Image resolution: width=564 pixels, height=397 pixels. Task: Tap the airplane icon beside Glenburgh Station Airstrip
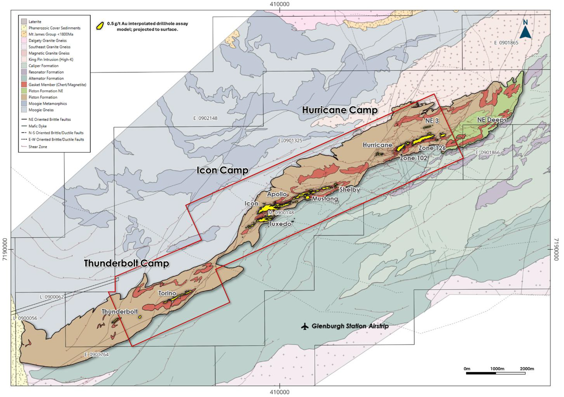[x=305, y=326]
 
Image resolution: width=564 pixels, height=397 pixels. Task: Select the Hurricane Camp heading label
[x=340, y=110]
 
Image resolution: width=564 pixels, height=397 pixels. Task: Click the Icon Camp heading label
[x=222, y=170]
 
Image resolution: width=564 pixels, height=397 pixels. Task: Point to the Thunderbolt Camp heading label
[x=126, y=263]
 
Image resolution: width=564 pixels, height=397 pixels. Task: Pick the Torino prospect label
[x=167, y=293]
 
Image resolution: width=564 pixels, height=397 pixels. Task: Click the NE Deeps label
[x=492, y=120]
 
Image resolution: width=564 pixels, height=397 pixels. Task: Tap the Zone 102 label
[x=413, y=158]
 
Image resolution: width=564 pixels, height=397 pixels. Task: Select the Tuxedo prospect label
[x=280, y=224]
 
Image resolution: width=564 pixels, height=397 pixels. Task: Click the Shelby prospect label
[x=349, y=190]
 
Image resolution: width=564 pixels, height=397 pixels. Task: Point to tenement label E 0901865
[x=506, y=43]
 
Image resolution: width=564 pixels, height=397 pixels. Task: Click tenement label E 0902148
[x=205, y=118]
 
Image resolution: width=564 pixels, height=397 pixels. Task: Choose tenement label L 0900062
[x=52, y=297]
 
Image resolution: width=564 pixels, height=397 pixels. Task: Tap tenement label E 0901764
[x=96, y=355]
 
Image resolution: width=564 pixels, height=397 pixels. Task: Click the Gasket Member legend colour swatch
[x=24, y=85]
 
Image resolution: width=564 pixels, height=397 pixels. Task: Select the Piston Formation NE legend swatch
[x=24, y=91]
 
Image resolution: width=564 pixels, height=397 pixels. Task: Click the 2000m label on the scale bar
[x=527, y=369]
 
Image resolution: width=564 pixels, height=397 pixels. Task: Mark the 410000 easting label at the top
[x=279, y=4]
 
